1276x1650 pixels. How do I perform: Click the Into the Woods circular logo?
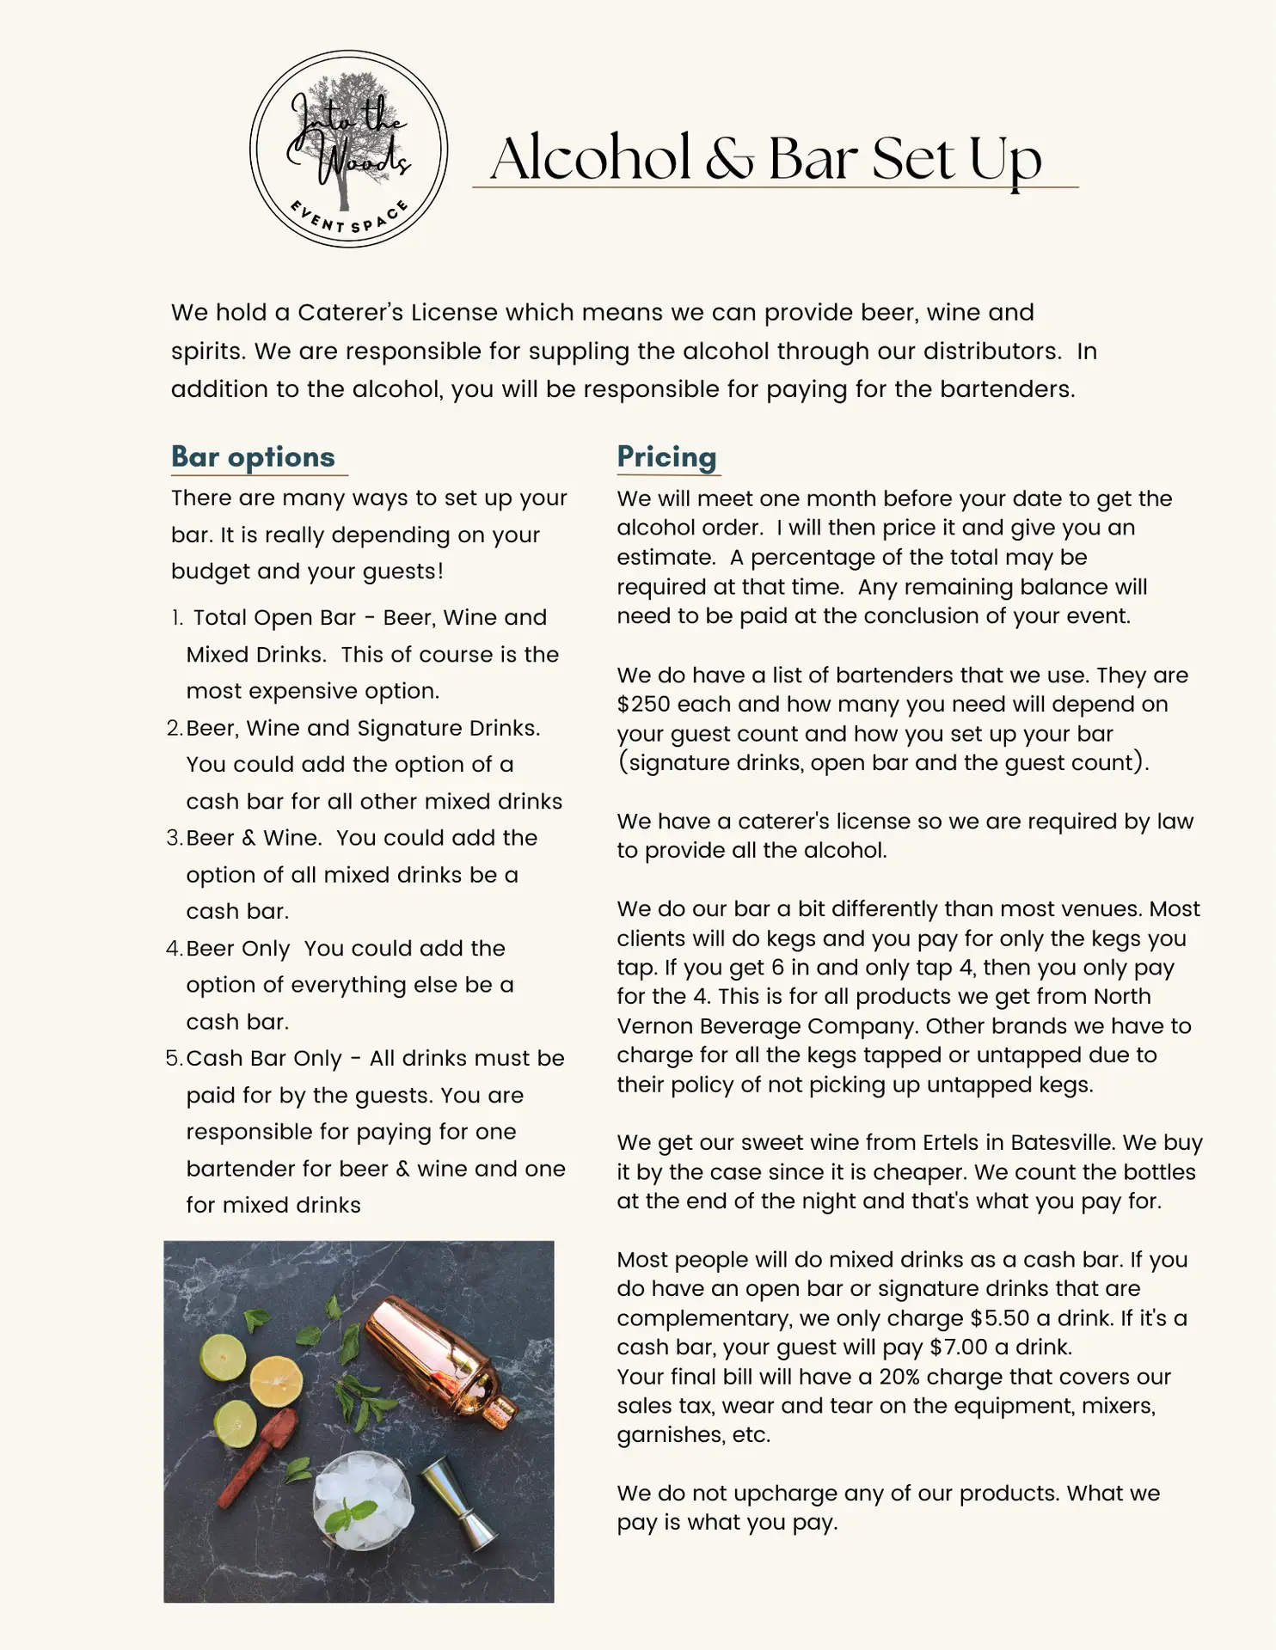tap(348, 149)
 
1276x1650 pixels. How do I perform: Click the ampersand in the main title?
tap(729, 160)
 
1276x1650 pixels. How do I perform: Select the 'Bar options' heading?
tap(253, 457)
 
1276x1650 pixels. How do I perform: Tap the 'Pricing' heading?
tap(666, 457)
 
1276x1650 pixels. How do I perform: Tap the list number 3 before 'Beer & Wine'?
tap(175, 838)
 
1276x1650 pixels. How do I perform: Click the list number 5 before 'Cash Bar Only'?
tap(175, 1059)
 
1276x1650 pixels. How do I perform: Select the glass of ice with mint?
tap(362, 1499)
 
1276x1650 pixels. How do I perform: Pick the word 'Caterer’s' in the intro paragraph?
tap(350, 313)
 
